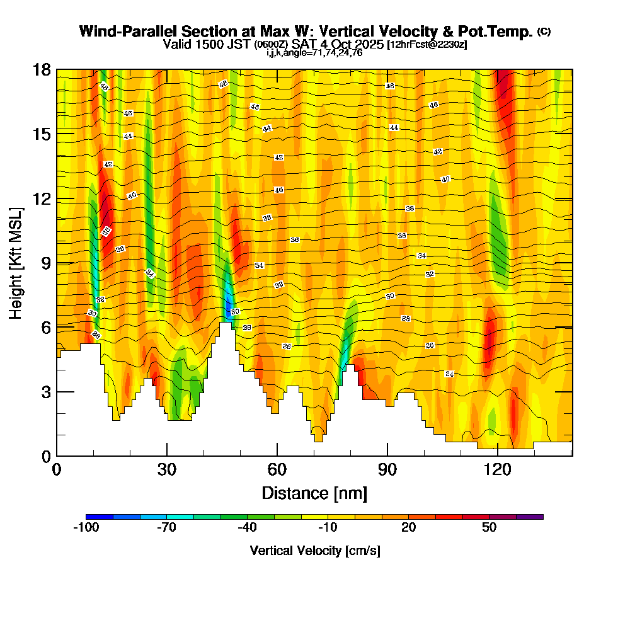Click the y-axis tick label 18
click(41, 69)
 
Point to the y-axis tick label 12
click(41, 198)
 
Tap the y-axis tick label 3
click(45, 392)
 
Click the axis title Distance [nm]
click(314, 492)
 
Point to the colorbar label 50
click(490, 528)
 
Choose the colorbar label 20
click(409, 528)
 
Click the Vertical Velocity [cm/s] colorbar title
click(314, 551)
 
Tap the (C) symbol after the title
click(544, 31)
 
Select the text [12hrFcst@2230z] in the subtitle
click(427, 45)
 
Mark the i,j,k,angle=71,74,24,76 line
click(314, 53)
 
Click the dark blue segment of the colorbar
click(100, 517)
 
